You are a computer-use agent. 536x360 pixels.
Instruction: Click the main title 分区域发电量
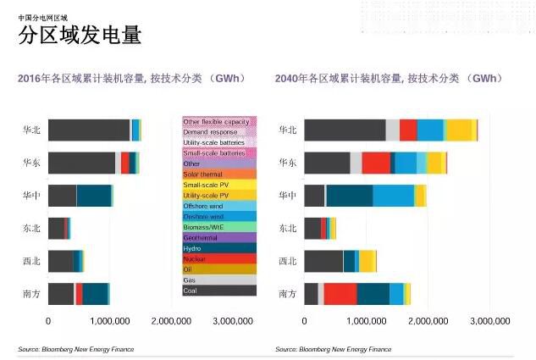tap(80, 36)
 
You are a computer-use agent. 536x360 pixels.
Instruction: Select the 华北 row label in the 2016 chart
tap(31, 130)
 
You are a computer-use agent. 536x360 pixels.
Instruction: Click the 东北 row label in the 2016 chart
tap(31, 228)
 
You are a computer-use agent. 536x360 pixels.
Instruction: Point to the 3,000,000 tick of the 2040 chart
tap(489, 322)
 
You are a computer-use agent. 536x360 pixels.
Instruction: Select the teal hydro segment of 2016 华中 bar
tap(94, 196)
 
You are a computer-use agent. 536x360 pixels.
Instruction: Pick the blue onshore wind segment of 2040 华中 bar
tap(393, 196)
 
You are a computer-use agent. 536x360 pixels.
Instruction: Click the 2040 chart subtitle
tap(389, 79)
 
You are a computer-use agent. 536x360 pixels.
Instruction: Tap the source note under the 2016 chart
tap(76, 349)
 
